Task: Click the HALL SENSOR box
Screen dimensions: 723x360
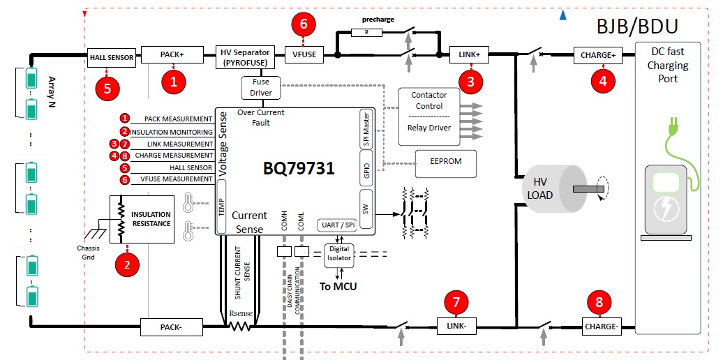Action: point(112,58)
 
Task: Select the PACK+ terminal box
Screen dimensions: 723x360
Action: point(172,54)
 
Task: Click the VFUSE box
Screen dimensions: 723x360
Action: point(304,54)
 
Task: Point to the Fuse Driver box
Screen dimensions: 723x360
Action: point(260,88)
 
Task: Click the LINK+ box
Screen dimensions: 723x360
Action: point(469,54)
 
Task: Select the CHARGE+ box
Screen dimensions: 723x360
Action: point(598,55)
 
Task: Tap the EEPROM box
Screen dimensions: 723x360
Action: point(446,163)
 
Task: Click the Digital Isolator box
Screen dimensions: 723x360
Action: point(339,254)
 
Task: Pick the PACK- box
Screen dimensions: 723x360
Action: point(171,327)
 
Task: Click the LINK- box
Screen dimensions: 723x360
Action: point(456,326)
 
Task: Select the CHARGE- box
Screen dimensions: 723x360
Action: point(601,327)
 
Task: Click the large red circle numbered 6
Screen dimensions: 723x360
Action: point(304,24)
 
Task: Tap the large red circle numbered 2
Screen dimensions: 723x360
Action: point(128,264)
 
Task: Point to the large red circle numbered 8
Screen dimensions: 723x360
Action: point(599,302)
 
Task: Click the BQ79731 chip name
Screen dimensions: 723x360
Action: point(299,168)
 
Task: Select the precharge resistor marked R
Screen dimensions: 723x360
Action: point(366,32)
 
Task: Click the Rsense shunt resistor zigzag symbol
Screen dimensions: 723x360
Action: point(240,327)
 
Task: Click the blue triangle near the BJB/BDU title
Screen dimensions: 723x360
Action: point(562,15)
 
